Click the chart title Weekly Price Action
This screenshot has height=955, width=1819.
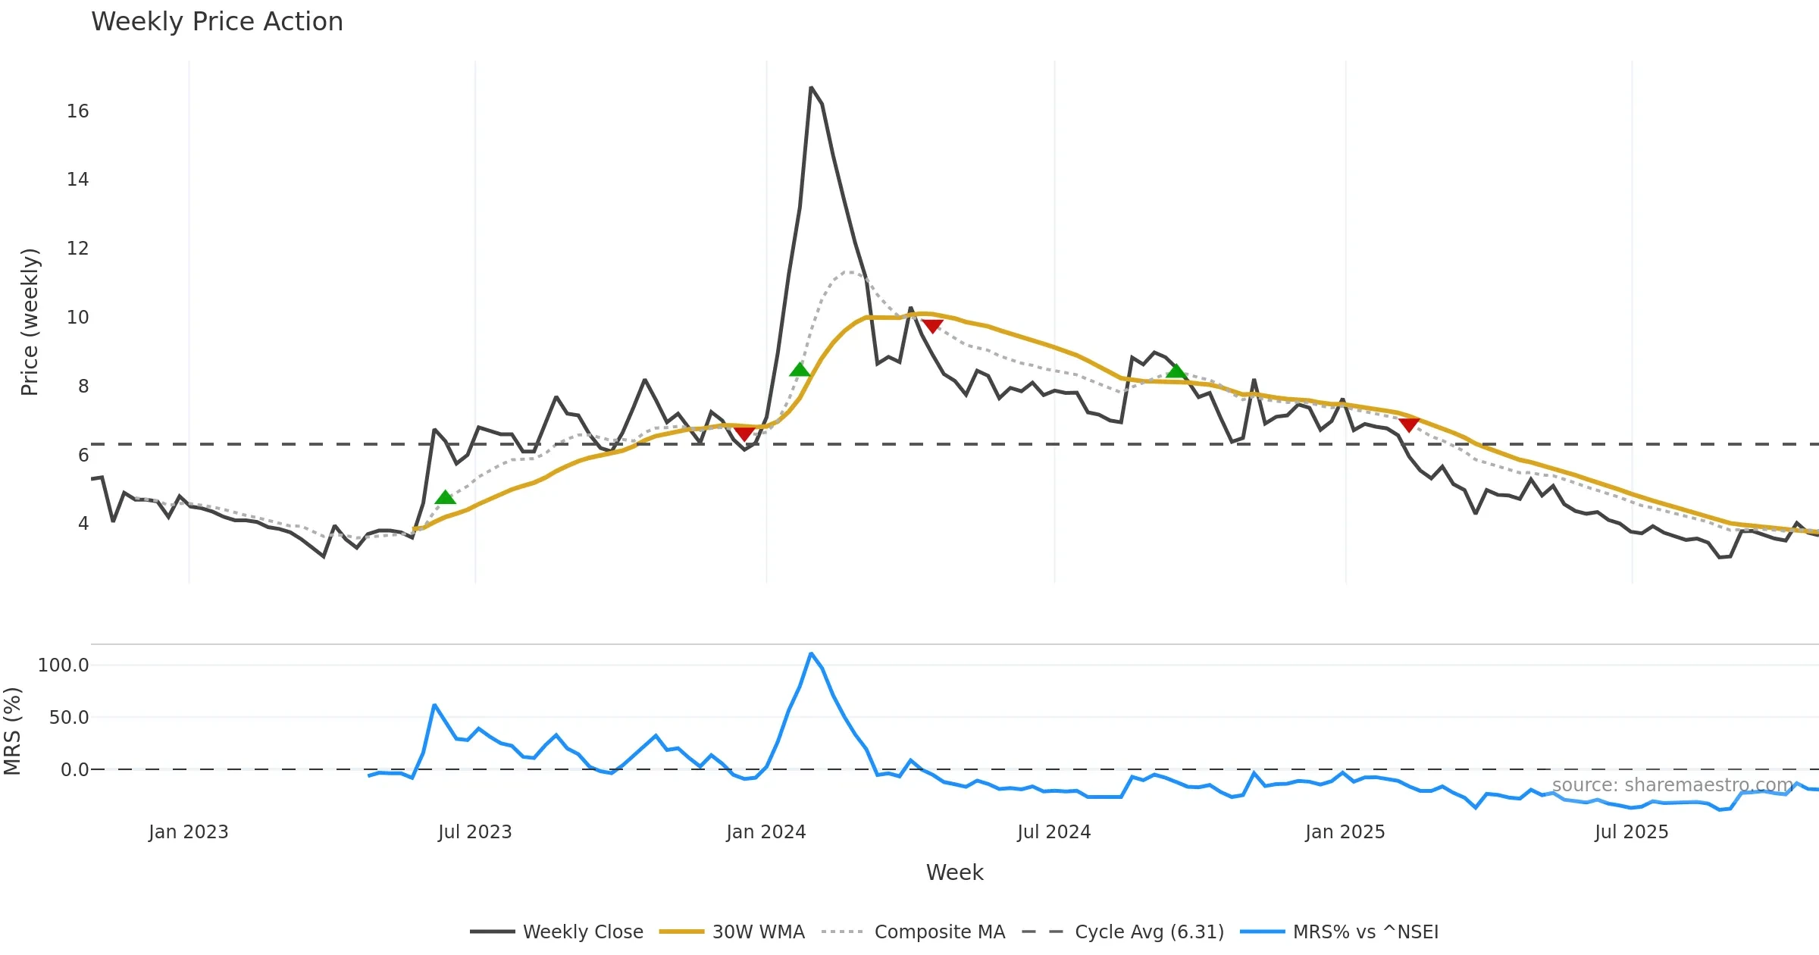[217, 22]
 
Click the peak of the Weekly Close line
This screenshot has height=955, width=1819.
[810, 88]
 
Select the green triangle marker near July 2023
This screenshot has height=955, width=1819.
[446, 497]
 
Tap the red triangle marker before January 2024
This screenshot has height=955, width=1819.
[744, 434]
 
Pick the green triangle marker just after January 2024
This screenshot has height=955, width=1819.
[800, 370]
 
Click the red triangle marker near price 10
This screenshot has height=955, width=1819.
[932, 326]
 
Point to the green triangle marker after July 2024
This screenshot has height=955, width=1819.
[1176, 371]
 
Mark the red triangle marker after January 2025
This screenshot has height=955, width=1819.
[1409, 424]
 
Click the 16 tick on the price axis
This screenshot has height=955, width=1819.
[77, 111]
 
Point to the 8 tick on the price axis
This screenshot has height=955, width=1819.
[83, 387]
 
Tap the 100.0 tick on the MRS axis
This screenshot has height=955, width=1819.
[64, 665]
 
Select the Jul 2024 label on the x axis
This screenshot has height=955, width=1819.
[1054, 832]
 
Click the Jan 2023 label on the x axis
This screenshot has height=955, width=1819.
[188, 832]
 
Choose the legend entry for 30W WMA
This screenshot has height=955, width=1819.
[758, 932]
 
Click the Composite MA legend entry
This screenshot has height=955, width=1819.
[939, 932]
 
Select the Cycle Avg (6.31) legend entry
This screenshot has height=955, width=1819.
[1149, 932]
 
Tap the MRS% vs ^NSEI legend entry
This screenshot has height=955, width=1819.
[1365, 932]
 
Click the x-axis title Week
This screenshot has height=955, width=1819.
[954, 872]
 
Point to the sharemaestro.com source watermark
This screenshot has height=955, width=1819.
[1672, 784]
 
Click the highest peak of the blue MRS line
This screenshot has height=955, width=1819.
[811, 653]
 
